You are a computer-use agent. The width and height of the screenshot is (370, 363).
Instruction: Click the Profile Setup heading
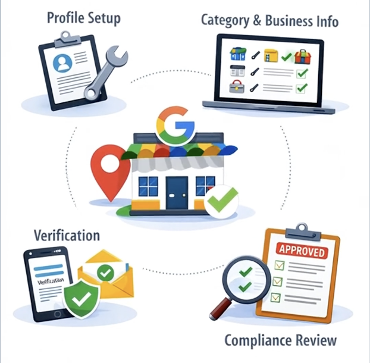pyautogui.click(x=84, y=18)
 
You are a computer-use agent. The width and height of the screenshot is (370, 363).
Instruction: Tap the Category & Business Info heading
pyautogui.click(x=269, y=21)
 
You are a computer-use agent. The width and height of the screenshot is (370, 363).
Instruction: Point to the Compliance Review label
pyautogui.click(x=280, y=341)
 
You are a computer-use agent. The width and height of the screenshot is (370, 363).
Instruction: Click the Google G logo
pyautogui.click(x=175, y=123)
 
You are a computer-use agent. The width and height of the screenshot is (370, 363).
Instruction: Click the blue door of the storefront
pyautogui.click(x=177, y=192)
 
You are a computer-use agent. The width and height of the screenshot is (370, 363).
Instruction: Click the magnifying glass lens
pyautogui.click(x=242, y=278)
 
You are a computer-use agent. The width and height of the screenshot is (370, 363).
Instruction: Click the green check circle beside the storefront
pyautogui.click(x=221, y=199)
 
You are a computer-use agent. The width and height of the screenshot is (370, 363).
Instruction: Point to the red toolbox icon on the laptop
pyautogui.click(x=303, y=57)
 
